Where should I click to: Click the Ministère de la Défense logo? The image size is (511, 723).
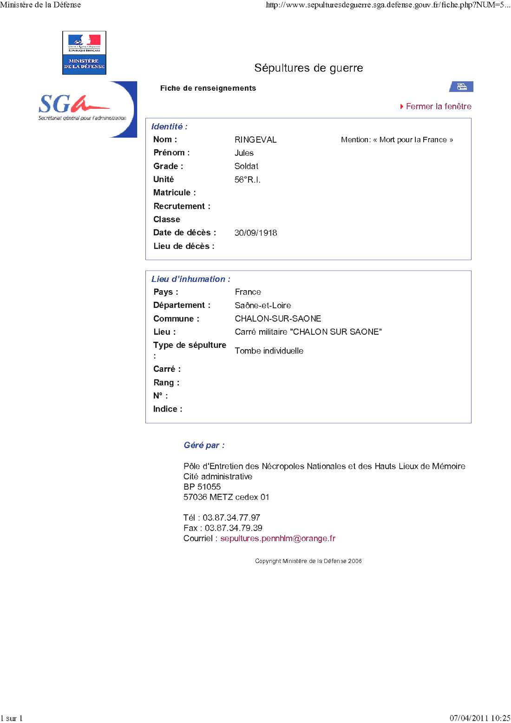point(84,53)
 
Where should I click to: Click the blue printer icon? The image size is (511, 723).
point(461,86)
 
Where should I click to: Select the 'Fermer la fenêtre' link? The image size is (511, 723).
point(438,106)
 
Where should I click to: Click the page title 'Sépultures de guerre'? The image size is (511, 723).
point(308,68)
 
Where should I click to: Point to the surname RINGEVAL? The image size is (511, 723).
point(255,139)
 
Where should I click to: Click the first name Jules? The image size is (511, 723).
point(244,153)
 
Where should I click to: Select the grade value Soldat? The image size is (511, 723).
point(246,166)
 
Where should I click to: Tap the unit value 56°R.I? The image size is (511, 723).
point(247,179)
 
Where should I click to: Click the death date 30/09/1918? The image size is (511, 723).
point(255,232)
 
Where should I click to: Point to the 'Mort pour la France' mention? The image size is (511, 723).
point(397,139)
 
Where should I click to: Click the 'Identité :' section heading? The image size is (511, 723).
point(169,126)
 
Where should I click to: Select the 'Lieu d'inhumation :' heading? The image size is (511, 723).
point(190,279)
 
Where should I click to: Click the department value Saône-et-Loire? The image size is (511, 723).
point(262,305)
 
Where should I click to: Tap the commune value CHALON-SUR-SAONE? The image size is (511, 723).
point(278,318)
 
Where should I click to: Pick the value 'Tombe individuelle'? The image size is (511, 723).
point(269,351)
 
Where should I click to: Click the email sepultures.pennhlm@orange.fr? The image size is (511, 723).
point(277,538)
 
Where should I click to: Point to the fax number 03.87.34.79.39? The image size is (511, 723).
point(233,528)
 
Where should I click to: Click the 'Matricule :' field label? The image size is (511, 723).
point(174,192)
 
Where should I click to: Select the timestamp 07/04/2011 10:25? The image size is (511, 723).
point(479,718)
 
